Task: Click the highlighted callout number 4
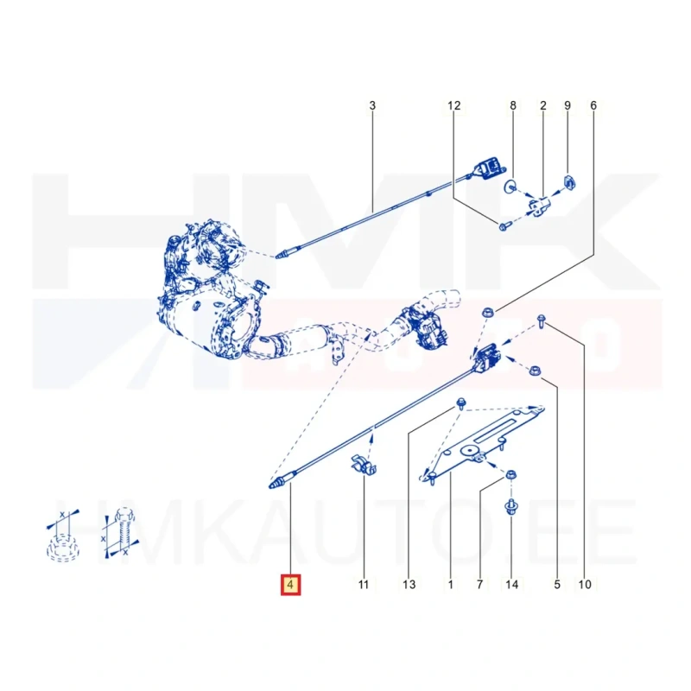point(290,585)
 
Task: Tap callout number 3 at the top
point(372,105)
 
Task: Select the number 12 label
point(454,105)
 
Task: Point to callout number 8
point(513,105)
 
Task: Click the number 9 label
point(567,105)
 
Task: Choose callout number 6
point(593,105)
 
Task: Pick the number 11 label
point(363,585)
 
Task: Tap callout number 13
point(409,585)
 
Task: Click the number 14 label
point(511,585)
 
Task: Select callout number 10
point(585,585)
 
